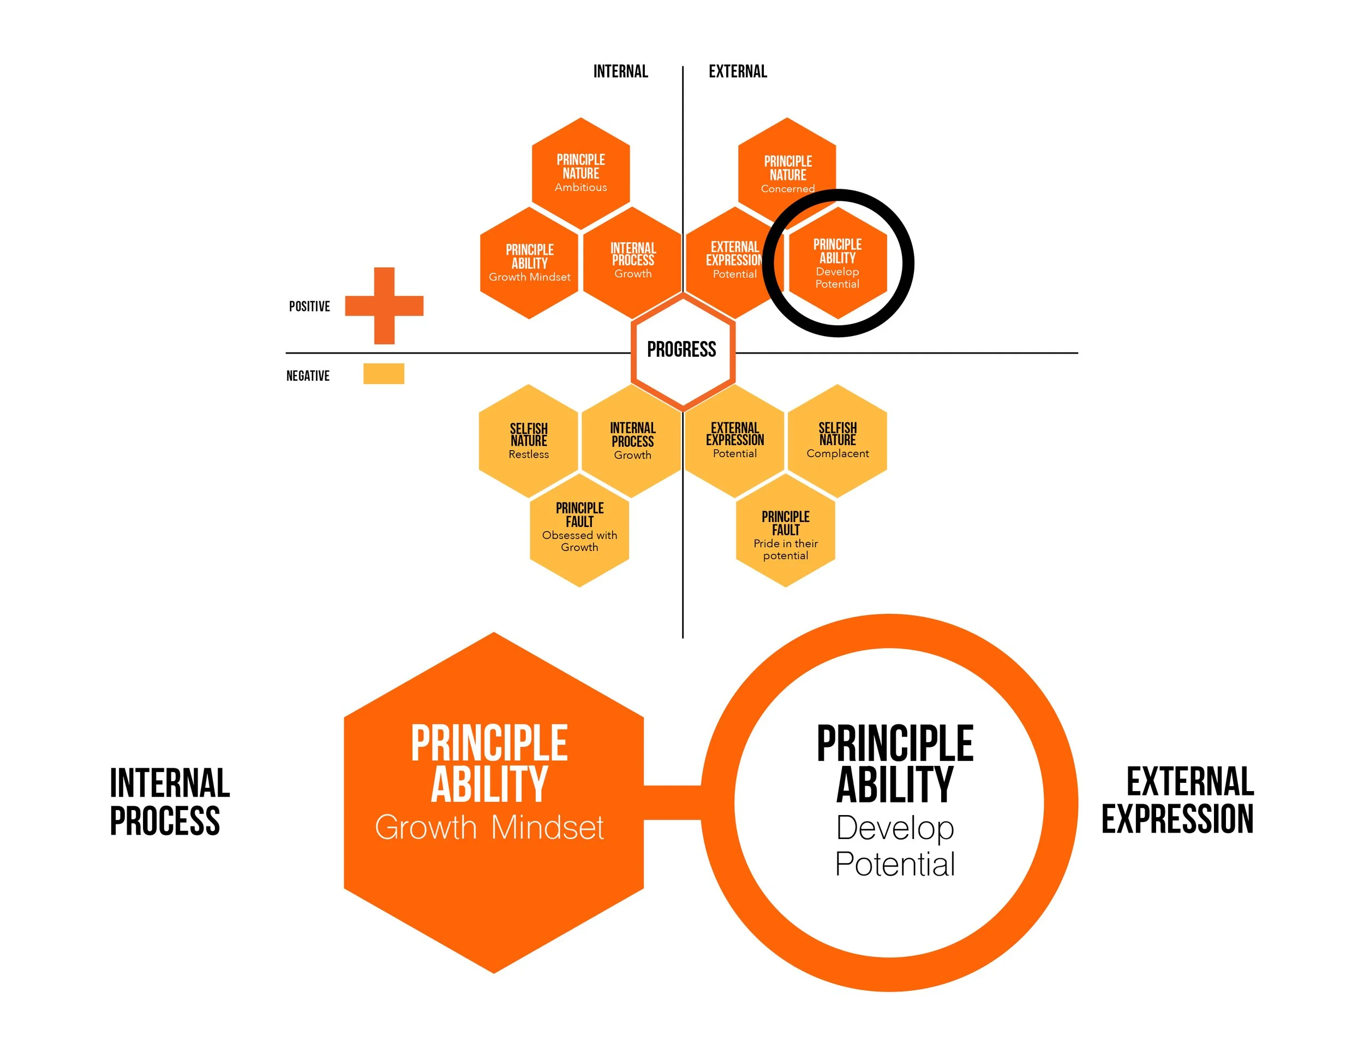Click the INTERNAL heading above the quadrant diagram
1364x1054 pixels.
(x=620, y=72)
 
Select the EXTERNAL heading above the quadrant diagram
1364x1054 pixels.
(x=738, y=72)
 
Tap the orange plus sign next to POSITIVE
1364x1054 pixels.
(x=384, y=306)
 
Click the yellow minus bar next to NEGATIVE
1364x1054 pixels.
(x=384, y=373)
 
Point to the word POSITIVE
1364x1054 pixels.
(x=309, y=307)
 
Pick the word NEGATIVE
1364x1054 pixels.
(x=308, y=376)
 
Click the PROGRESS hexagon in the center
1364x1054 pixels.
(x=682, y=350)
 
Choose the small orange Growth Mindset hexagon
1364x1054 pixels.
(x=529, y=263)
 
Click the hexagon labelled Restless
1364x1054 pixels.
(x=528, y=441)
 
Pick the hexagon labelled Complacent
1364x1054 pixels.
(x=837, y=441)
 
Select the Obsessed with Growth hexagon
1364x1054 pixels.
(x=579, y=530)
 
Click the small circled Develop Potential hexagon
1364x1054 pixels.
(x=837, y=263)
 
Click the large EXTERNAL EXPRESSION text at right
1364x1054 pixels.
(x=1178, y=800)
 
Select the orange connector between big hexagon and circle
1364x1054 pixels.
(x=672, y=802)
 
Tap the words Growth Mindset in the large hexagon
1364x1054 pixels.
(x=489, y=828)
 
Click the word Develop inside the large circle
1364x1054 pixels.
(x=895, y=828)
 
